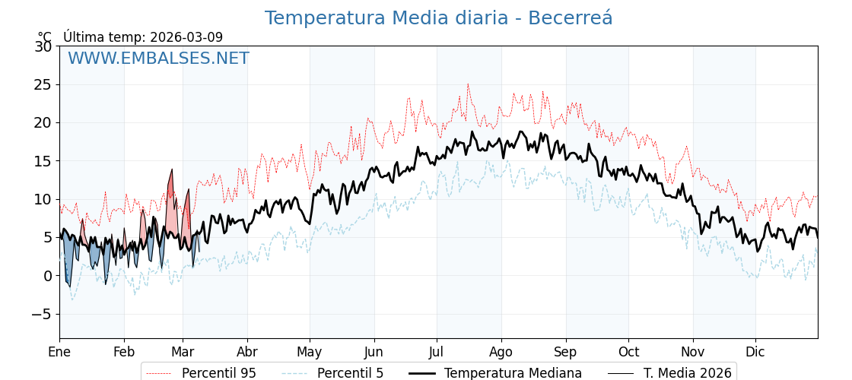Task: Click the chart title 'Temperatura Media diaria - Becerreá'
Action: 438,18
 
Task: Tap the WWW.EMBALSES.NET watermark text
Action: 158,59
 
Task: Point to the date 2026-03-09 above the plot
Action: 186,37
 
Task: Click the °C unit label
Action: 45,37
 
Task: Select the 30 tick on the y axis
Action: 43,46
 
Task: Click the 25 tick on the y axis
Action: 43,84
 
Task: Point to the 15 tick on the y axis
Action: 43,161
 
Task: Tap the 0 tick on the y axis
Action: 47,276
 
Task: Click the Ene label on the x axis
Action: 59,352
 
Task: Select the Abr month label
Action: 247,352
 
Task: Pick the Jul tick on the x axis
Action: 437,352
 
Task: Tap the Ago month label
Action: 501,352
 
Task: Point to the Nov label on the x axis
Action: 693,352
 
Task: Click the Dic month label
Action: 755,352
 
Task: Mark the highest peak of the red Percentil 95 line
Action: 468,84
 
